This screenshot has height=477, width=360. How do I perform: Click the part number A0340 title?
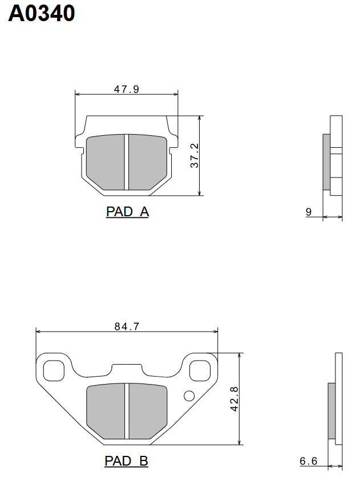tap(42, 13)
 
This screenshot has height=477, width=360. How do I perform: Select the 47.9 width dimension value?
tap(127, 89)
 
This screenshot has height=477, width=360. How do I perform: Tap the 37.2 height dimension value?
tap(195, 155)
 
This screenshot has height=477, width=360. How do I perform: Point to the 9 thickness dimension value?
tap(309, 212)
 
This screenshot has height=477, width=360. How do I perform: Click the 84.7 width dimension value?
tap(127, 326)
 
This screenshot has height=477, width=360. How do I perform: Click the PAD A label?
tap(127, 212)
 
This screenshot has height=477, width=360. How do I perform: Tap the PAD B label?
tap(127, 460)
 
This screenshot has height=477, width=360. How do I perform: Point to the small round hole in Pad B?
tap(189, 396)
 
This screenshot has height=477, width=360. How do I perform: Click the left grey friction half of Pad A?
tap(106, 162)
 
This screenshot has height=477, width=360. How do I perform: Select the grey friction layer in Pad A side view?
tap(326, 162)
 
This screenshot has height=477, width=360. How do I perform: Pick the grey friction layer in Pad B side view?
tap(331, 411)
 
